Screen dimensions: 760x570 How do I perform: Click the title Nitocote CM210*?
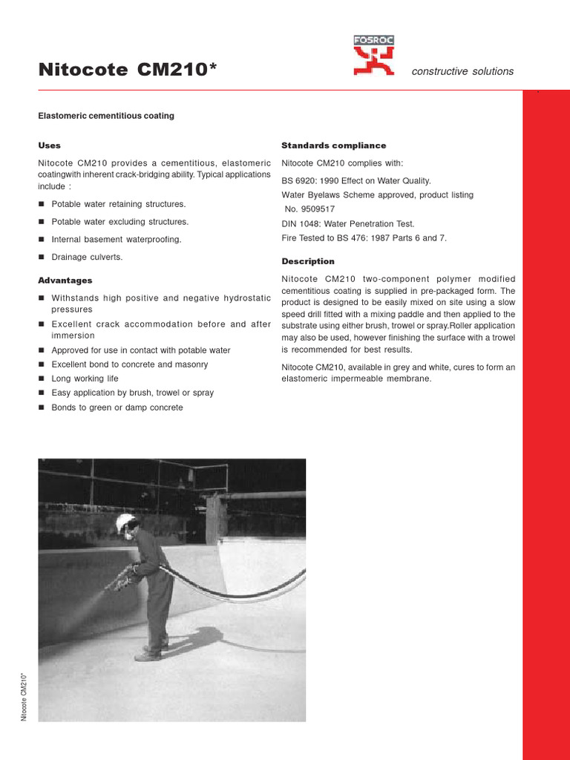[x=128, y=71]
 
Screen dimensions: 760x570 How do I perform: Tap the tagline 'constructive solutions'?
[x=462, y=71]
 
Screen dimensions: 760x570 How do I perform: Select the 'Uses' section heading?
[x=49, y=145]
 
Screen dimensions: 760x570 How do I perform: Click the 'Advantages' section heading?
[x=65, y=281]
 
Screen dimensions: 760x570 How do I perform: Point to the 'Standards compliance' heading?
[x=333, y=145]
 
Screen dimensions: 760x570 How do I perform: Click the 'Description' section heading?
[x=308, y=261]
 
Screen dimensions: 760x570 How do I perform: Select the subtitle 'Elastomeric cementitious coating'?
[x=106, y=117]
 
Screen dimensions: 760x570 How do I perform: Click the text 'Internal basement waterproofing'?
[x=116, y=240]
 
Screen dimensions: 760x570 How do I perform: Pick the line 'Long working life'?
[x=85, y=379]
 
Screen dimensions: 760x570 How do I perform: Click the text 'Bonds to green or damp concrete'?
[x=117, y=407]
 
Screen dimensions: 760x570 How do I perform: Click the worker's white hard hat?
[x=125, y=522]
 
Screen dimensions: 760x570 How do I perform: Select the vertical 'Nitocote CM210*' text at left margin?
[x=24, y=696]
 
